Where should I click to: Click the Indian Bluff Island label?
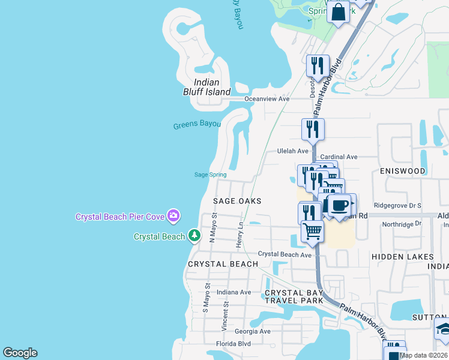click(206, 87)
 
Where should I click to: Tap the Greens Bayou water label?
click(197, 125)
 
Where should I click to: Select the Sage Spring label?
click(210, 175)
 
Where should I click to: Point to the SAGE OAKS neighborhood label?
click(238, 201)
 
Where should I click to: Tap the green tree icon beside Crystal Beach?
click(194, 236)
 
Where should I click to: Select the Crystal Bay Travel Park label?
click(294, 296)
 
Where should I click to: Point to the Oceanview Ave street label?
click(267, 99)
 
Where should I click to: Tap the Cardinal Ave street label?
click(339, 157)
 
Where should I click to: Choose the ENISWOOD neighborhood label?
click(403, 171)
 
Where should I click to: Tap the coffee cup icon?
click(339, 205)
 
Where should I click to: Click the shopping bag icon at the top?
click(338, 11)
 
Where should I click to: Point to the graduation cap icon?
click(444, 329)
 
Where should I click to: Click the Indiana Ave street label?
click(234, 292)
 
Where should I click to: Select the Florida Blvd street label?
click(234, 344)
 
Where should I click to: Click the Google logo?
click(20, 353)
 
